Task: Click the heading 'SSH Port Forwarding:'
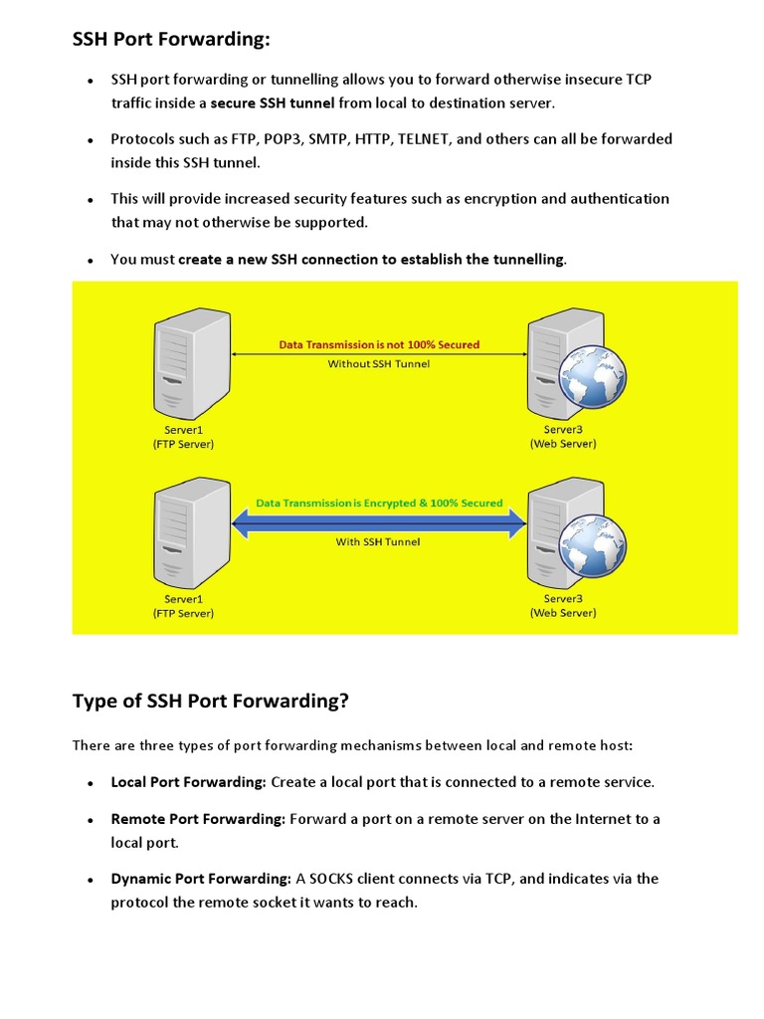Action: click(171, 40)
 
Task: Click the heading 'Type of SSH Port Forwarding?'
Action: click(210, 701)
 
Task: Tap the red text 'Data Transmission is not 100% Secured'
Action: click(379, 344)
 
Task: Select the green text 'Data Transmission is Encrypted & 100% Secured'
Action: click(379, 504)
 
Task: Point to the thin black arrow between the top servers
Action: click(379, 353)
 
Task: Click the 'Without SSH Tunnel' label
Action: click(379, 364)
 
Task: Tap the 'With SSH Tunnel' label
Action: click(379, 542)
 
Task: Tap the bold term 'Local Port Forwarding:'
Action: click(188, 782)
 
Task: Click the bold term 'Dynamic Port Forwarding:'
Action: click(201, 879)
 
